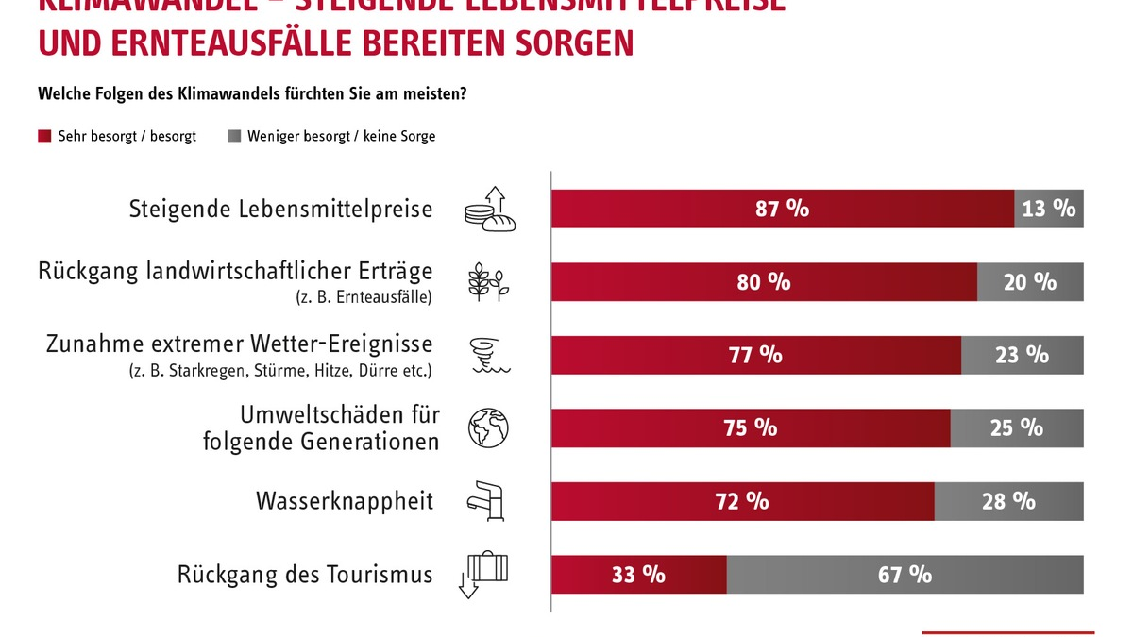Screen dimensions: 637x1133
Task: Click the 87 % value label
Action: pos(782,209)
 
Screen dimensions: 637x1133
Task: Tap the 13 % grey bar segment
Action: pos(1049,209)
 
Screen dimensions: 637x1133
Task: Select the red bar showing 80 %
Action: pos(763,282)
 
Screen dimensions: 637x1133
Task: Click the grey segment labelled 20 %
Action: pos(1030,282)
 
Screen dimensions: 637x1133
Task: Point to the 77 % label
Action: pos(755,355)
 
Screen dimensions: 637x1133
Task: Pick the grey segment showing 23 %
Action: pos(1022,355)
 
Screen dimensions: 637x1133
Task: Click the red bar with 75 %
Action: pos(751,427)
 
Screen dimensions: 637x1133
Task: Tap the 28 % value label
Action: pos(1008,501)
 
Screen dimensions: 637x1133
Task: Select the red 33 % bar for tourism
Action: pos(638,574)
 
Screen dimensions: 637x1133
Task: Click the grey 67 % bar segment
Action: pos(905,574)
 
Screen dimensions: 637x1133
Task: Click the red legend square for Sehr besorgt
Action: pos(44,137)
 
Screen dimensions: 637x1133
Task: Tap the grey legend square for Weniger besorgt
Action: pos(234,137)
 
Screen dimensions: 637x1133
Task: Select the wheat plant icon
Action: pos(488,282)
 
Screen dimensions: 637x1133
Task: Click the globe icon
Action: pos(488,427)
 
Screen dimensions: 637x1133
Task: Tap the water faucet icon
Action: pos(488,500)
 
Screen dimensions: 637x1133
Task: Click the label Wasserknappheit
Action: pos(345,500)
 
